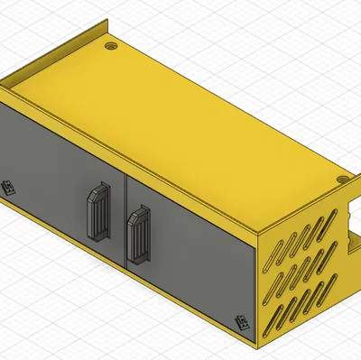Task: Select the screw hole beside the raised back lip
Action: coord(111,43)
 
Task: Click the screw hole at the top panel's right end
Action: coord(342,179)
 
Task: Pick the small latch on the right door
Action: coord(242,322)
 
